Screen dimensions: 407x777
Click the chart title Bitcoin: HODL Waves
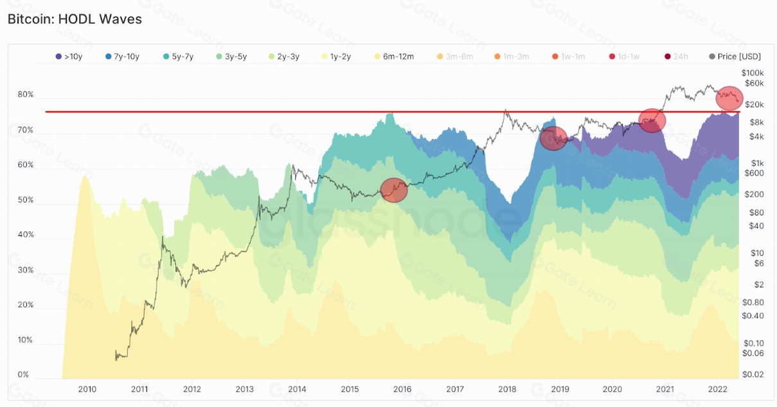(75, 19)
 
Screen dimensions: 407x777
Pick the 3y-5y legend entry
(233, 57)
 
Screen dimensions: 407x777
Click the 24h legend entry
(677, 57)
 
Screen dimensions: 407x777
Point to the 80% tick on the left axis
(26, 95)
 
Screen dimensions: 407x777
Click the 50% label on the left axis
(26, 201)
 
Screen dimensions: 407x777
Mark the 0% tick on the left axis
(22, 375)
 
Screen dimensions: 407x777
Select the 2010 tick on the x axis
(87, 390)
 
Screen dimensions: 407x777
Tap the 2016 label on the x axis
(402, 390)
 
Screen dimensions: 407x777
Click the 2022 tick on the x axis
(717, 390)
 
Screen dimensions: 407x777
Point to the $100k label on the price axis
(751, 73)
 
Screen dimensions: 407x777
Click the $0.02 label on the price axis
(753, 375)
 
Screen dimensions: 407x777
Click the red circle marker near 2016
(394, 190)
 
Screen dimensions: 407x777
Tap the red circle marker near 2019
(553, 138)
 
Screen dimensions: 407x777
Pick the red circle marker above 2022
(729, 98)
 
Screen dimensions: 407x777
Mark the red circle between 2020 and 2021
(652, 120)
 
